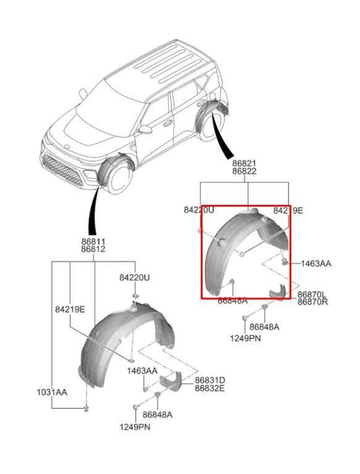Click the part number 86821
click(244, 164)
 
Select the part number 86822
click(244, 173)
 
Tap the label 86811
click(93, 242)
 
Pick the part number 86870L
click(312, 294)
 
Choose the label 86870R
click(312, 302)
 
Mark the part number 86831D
click(210, 380)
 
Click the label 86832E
click(210, 389)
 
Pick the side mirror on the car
click(145, 128)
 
